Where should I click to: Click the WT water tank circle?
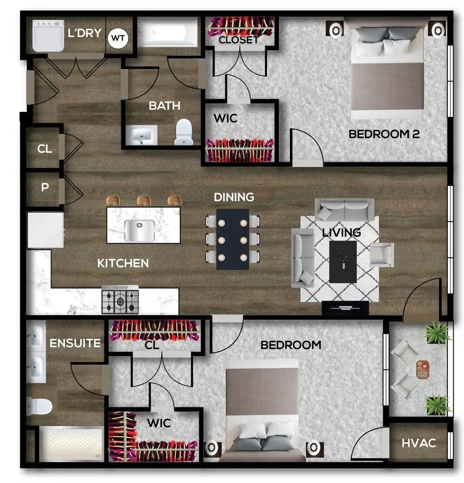point(118,38)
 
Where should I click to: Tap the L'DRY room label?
point(85,33)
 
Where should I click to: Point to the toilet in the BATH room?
point(183,132)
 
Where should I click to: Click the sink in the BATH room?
point(141,135)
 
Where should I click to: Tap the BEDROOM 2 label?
point(384,134)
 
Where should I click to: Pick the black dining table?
point(233,239)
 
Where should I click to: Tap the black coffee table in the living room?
point(343,262)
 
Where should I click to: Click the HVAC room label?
point(418,443)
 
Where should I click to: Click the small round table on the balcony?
point(422,369)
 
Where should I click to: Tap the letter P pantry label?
point(45,187)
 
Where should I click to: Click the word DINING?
point(234,197)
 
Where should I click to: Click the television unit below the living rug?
point(345,308)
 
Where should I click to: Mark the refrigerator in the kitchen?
point(45,230)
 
